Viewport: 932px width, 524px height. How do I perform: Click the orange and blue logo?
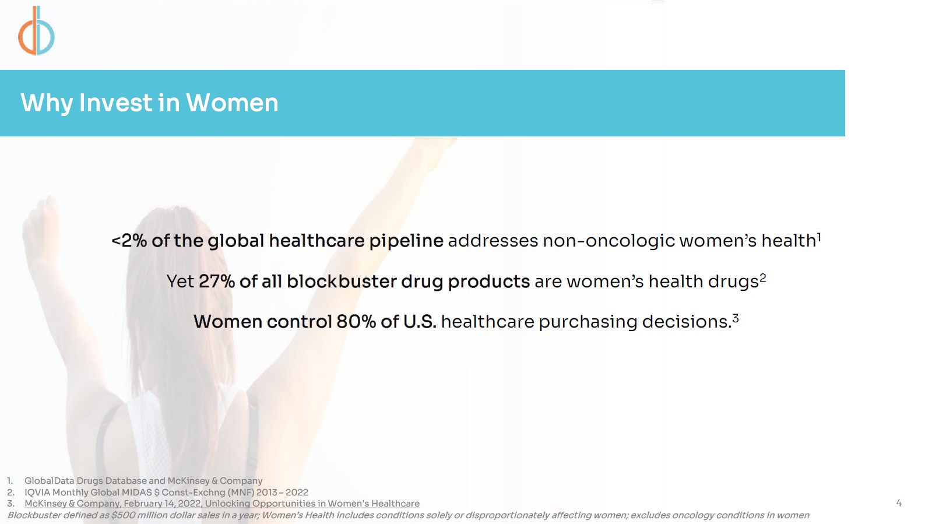click(36, 31)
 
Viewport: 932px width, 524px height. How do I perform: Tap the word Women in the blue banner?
click(232, 103)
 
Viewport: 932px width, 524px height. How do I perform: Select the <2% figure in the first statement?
click(129, 241)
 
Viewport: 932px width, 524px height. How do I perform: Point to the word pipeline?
click(406, 241)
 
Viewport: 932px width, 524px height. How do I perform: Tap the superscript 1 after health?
click(819, 237)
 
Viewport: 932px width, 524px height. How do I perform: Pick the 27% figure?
click(216, 282)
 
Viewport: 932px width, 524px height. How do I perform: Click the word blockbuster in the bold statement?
click(342, 281)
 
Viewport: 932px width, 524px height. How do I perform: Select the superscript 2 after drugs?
click(762, 278)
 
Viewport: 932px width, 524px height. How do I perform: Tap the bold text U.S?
click(420, 322)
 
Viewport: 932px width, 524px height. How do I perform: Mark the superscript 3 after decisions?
click(735, 318)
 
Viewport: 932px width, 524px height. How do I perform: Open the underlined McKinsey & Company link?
click(221, 504)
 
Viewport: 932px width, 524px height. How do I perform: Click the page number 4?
click(899, 503)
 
